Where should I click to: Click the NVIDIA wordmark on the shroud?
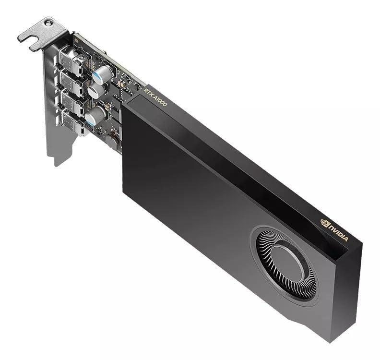pyautogui.click(x=339, y=232)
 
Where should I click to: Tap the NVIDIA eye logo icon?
pyautogui.click(x=325, y=222)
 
